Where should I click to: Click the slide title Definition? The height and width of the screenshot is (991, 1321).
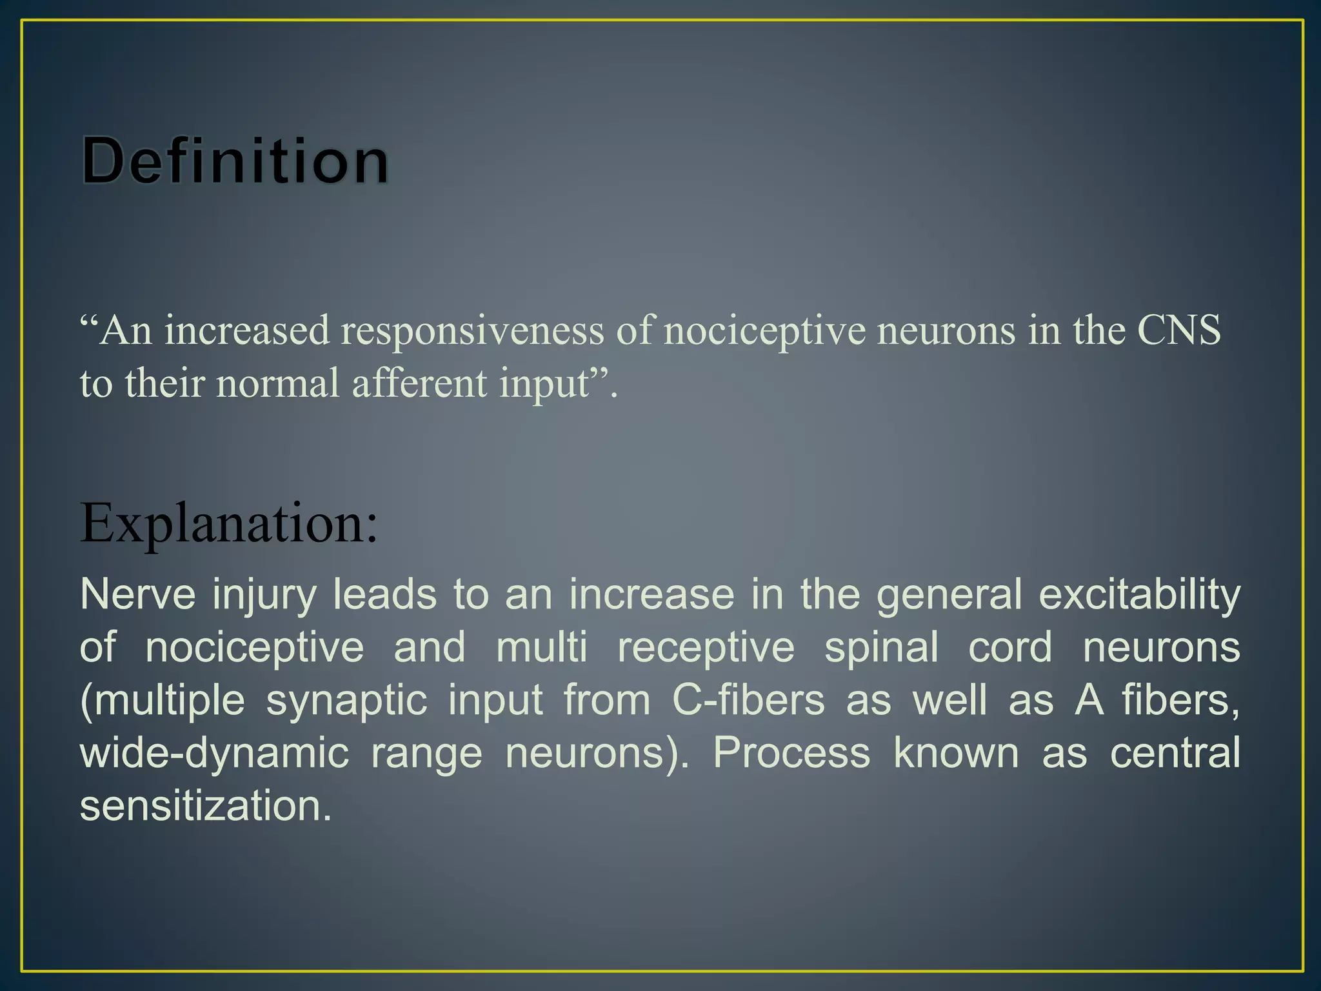pos(235,160)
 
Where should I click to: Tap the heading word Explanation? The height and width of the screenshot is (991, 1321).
pos(229,523)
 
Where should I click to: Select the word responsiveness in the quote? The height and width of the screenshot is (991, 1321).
pos(473,332)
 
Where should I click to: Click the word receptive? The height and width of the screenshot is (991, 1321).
pos(706,648)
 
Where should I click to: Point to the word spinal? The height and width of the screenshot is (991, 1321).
pos(881,648)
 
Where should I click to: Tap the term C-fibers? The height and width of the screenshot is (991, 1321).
pos(748,700)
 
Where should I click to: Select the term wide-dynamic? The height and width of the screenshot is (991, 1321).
pos(214,754)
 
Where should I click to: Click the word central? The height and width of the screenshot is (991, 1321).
pos(1175,753)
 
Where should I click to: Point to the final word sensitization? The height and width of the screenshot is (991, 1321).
pos(205,806)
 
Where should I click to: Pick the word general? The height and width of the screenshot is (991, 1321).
pos(949,596)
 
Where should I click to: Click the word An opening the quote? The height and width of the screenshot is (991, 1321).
pos(126,331)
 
